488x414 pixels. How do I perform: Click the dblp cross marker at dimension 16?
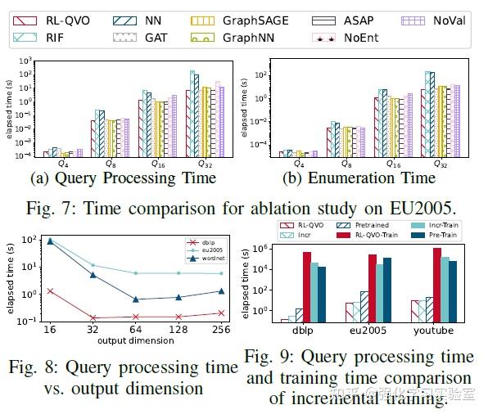click(51, 290)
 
